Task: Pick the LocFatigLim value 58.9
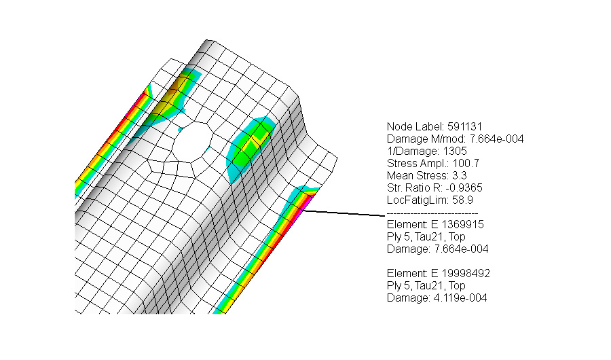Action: pyautogui.click(x=456, y=200)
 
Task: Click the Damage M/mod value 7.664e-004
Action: pyautogui.click(x=495, y=139)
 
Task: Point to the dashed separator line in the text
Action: pyautogui.click(x=432, y=213)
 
